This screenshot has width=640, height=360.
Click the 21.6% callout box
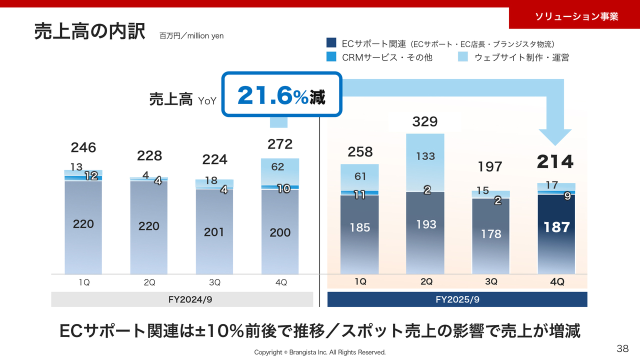pos(281,95)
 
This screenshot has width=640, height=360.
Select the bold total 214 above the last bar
pos(555,162)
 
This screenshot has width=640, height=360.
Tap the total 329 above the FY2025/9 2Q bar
pos(425,121)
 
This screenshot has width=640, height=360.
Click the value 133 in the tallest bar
pos(425,156)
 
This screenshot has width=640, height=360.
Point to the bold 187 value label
pos(556,227)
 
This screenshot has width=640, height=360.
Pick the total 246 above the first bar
pos(83,147)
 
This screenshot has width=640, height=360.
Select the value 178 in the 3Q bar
pos(491,233)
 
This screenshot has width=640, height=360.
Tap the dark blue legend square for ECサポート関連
pos(331,44)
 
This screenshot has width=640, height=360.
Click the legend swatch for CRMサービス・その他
pos(331,57)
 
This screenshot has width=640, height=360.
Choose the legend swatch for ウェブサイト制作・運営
pos(463,57)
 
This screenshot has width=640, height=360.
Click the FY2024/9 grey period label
pos(182,299)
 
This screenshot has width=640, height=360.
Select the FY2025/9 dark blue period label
pos(457,299)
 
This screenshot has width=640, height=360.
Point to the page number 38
pos(622,348)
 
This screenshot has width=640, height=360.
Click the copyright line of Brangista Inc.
pos(320,352)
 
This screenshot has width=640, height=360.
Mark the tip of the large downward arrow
pos(555,144)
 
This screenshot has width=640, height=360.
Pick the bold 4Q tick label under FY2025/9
pos(557,282)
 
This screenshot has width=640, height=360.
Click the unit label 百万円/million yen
pos(191,36)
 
